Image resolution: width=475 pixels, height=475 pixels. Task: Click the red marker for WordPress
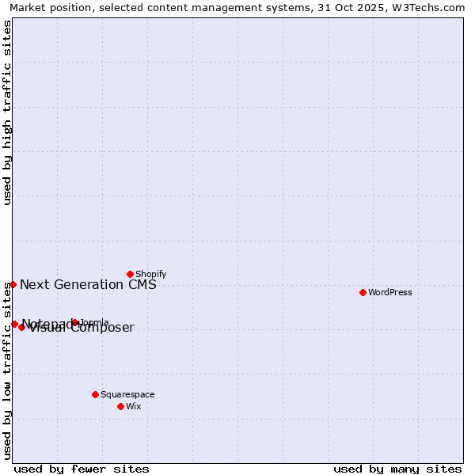point(363,292)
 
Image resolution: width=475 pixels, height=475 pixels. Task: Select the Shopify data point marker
point(130,274)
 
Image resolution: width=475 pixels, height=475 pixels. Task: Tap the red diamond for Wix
point(120,406)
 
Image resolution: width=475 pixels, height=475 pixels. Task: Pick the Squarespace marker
point(95,394)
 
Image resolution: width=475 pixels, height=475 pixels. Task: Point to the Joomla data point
point(74,322)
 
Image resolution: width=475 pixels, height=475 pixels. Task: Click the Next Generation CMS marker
point(13,284)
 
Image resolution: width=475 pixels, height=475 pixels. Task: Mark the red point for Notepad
point(14,324)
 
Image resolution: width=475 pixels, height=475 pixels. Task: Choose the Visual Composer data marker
point(21,327)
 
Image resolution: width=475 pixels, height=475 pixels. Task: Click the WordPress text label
point(390,292)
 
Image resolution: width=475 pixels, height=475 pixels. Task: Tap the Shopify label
point(150,274)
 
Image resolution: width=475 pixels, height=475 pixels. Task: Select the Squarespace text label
point(127,394)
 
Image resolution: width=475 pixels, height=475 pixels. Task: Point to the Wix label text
point(134,406)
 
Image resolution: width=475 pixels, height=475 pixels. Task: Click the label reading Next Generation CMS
point(88,285)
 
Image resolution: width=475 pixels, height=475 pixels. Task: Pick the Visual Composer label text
point(82,329)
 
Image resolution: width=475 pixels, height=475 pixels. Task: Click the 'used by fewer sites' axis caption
point(82,469)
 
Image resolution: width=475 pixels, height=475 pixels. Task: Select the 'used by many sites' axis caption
point(397,469)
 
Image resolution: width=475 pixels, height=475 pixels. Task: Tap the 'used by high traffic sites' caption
point(7,112)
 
